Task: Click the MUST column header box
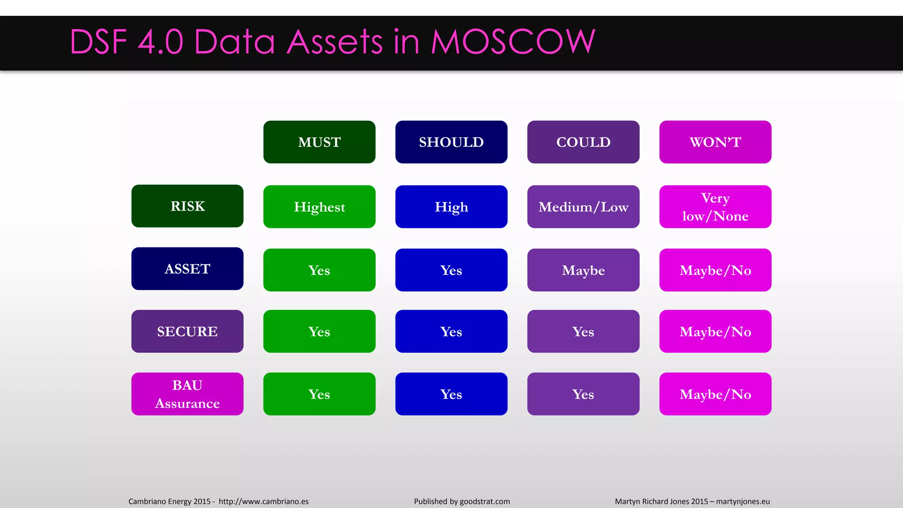[x=319, y=142]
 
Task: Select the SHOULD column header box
[x=451, y=142]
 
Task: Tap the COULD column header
[x=583, y=142]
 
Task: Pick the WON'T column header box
[x=715, y=142]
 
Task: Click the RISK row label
[x=187, y=206]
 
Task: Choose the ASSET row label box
[x=187, y=269]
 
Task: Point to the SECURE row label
[x=187, y=331]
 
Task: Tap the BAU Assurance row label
[x=187, y=394]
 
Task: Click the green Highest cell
[x=319, y=206]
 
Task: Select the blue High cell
[x=451, y=206]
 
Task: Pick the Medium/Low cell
[x=583, y=206]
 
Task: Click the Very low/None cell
[x=715, y=206]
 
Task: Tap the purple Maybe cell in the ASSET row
[x=583, y=270]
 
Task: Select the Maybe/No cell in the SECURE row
[x=715, y=331]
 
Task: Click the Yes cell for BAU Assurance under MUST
[x=319, y=394]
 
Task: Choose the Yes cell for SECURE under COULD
[x=583, y=331]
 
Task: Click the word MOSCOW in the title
[x=513, y=42]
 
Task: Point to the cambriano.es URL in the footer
[x=264, y=501]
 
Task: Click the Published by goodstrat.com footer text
[x=462, y=501]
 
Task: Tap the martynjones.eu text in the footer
[x=743, y=501]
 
